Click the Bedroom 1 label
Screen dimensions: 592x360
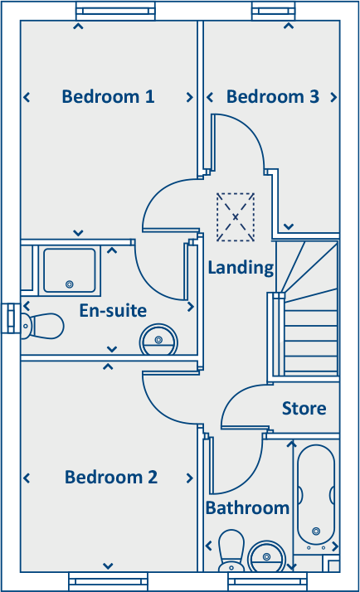pyautogui.click(x=108, y=97)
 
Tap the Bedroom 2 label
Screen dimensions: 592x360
pyautogui.click(x=111, y=478)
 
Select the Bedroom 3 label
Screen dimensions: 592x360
pyautogui.click(x=272, y=97)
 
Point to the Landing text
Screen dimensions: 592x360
pyautogui.click(x=241, y=268)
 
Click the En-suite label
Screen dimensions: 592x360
pyautogui.click(x=113, y=311)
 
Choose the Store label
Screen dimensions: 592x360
pyautogui.click(x=304, y=409)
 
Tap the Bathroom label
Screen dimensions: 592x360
pyautogui.click(x=247, y=507)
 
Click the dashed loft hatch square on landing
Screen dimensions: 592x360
pyautogui.click(x=236, y=217)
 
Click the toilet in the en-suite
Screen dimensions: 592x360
pyautogui.click(x=43, y=325)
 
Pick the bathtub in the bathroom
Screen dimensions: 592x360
pyautogui.click(x=315, y=497)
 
